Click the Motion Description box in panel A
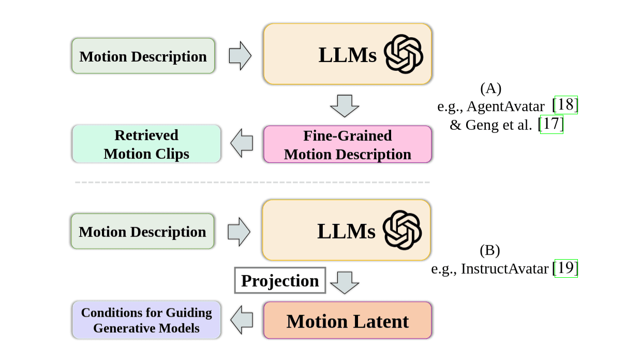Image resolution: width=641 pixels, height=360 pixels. [143, 56]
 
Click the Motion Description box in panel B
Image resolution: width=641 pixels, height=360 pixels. [142, 231]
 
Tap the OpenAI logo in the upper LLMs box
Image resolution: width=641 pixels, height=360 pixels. [404, 54]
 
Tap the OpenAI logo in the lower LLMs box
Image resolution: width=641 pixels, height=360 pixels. [403, 230]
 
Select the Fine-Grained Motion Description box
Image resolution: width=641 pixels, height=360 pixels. [347, 145]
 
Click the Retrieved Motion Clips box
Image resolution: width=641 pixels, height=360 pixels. [146, 144]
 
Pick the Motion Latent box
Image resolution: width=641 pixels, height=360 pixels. [347, 321]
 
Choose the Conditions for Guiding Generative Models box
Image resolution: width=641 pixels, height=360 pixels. [146, 320]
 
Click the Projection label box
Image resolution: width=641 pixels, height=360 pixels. [280, 280]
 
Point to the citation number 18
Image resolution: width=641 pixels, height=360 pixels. [565, 105]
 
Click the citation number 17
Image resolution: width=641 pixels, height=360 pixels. [551, 124]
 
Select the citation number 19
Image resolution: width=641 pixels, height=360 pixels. [566, 268]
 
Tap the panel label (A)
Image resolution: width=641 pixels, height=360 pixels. [490, 88]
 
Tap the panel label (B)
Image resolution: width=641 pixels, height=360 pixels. [489, 251]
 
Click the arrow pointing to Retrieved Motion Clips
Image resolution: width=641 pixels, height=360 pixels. [242, 143]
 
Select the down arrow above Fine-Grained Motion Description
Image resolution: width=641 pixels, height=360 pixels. [344, 106]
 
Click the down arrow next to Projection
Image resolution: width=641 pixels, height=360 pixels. [344, 282]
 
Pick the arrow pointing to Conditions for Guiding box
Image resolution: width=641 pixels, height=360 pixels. [242, 320]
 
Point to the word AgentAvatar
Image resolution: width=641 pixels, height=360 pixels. [505, 107]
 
